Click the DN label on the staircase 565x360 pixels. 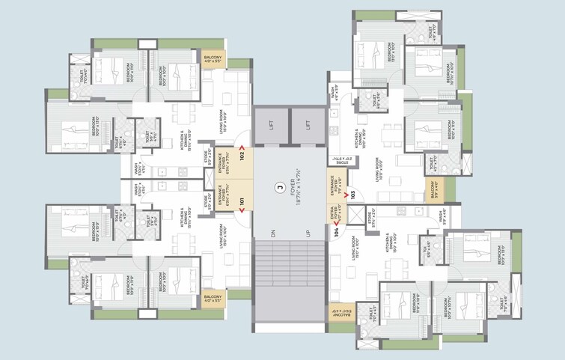pyautogui.click(x=274, y=234)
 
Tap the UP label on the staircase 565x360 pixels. pyautogui.click(x=308, y=234)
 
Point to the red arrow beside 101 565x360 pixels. pyautogui.click(x=242, y=213)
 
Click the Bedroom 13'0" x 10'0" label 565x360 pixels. pyautogui.click(x=390, y=51)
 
